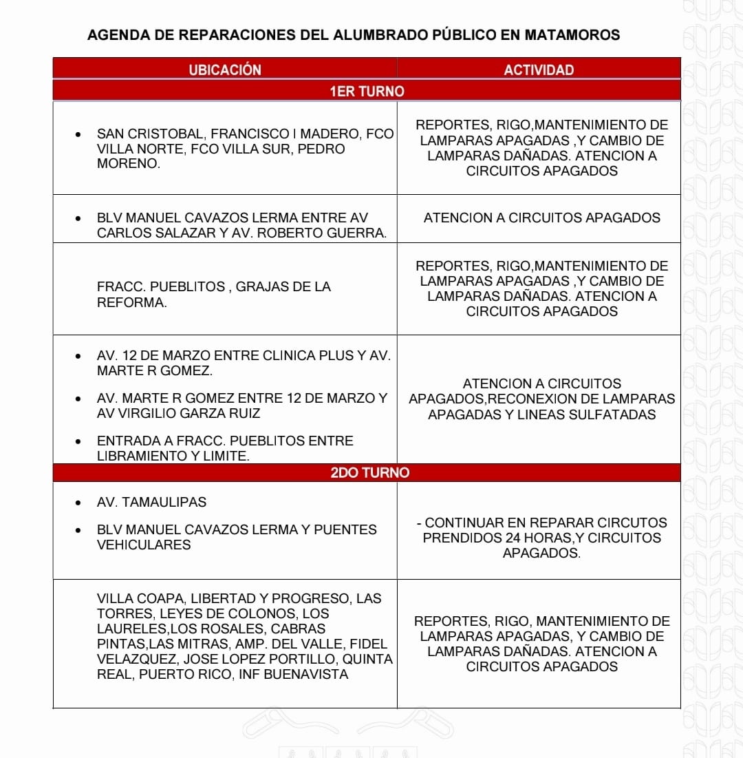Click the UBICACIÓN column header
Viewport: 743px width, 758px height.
[225, 70]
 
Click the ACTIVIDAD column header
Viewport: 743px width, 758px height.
[539, 70]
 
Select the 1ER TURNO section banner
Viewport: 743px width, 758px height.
[367, 91]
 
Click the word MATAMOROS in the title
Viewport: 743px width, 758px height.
[572, 34]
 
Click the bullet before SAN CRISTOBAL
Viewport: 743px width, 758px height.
[80, 134]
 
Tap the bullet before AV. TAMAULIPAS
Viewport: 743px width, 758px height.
[80, 503]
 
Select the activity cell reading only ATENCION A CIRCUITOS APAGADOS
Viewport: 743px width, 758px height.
[541, 218]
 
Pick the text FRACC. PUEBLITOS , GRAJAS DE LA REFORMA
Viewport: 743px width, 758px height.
[213, 294]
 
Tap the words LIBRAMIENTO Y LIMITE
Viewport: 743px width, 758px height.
[173, 456]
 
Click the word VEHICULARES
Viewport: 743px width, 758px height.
[143, 545]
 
